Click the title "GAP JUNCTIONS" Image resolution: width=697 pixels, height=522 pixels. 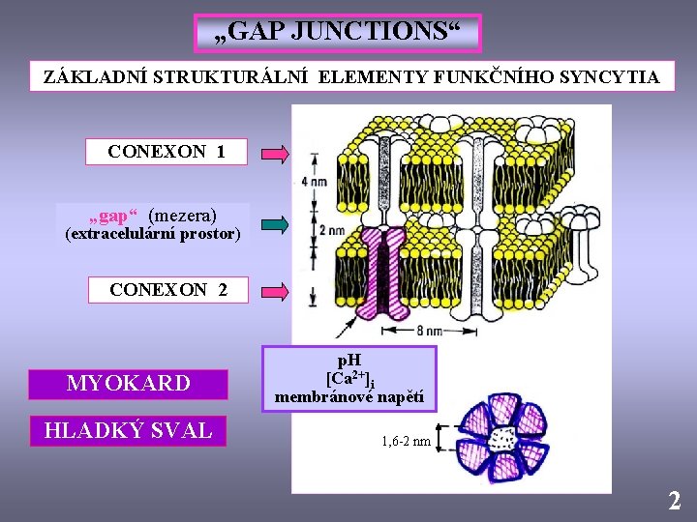(x=337, y=33)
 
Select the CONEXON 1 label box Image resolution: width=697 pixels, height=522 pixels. (x=167, y=152)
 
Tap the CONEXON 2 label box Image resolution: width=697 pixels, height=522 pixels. (x=168, y=289)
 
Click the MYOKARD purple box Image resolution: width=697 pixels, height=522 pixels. (x=128, y=384)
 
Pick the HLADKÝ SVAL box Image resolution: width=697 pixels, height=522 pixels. (x=128, y=430)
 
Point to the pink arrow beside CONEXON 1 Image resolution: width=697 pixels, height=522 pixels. (x=275, y=153)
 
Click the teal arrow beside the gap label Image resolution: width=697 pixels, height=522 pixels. (x=275, y=225)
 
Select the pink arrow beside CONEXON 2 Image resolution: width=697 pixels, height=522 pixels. (x=275, y=290)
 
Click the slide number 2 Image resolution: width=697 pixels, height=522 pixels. (x=674, y=501)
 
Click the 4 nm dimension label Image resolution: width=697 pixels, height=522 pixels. (x=314, y=182)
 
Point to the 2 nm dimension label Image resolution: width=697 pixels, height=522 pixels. (x=330, y=230)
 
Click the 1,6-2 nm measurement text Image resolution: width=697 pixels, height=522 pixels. (x=406, y=442)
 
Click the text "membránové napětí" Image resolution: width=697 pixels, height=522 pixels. (x=349, y=396)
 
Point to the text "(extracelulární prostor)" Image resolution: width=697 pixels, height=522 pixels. (x=152, y=234)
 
